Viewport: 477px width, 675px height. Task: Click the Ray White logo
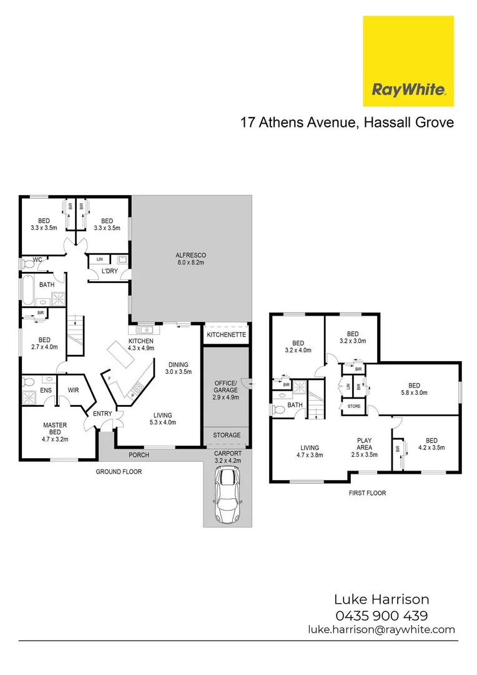pos(408,61)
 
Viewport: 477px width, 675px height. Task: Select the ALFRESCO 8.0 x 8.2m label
pos(191,259)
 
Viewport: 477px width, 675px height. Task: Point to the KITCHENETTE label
pos(226,335)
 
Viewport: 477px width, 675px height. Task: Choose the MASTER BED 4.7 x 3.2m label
pos(55,431)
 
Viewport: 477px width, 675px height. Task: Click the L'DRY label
pos(110,271)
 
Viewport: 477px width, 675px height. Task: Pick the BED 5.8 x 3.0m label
pos(414,389)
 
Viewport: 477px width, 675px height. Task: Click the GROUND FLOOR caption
pos(119,472)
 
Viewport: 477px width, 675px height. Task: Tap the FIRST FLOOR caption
pos(366,493)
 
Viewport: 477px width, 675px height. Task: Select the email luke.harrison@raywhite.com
pos(381,630)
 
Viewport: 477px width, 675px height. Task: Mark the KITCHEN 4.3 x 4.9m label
pos(141,344)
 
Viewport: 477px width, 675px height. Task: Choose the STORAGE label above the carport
pos(227,435)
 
